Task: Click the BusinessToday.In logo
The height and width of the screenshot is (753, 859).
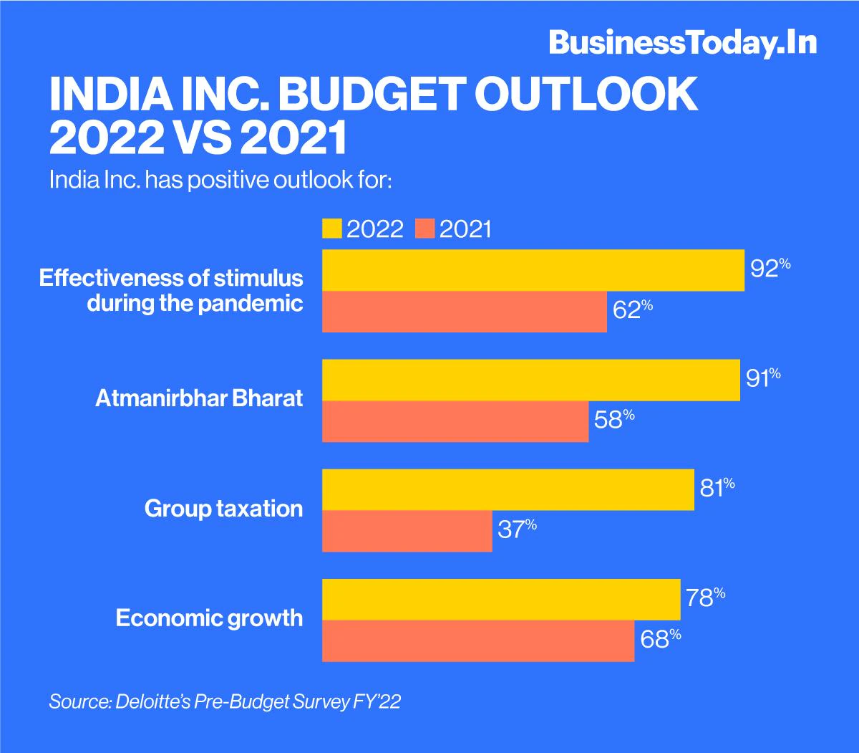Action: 682,43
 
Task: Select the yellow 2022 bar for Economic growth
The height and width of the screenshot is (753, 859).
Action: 501,600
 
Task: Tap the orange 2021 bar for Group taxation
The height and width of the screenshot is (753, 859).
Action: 407,531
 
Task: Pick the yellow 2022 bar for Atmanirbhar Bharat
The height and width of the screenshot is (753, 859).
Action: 531,380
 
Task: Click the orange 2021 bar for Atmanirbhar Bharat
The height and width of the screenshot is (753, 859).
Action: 455,421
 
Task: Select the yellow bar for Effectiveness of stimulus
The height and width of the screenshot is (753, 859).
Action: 533,271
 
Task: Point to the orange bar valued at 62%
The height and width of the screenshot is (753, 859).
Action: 465,312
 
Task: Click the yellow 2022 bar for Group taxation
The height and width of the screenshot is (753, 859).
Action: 508,490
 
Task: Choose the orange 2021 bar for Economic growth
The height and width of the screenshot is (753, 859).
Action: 478,641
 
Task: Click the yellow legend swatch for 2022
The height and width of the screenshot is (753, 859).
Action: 332,229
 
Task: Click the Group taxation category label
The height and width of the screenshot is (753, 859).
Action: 223,509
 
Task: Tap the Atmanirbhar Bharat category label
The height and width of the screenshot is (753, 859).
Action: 199,399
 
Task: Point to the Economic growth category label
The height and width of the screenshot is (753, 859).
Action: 210,618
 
